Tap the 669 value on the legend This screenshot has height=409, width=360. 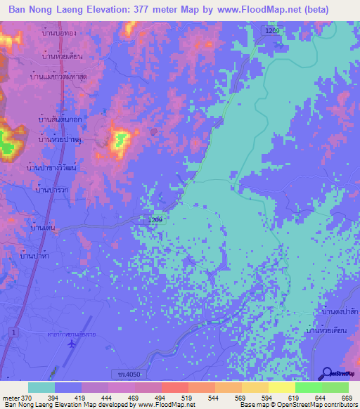click(347, 398)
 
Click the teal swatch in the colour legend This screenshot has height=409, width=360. click(41, 387)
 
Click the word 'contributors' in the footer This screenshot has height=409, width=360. click(340, 405)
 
